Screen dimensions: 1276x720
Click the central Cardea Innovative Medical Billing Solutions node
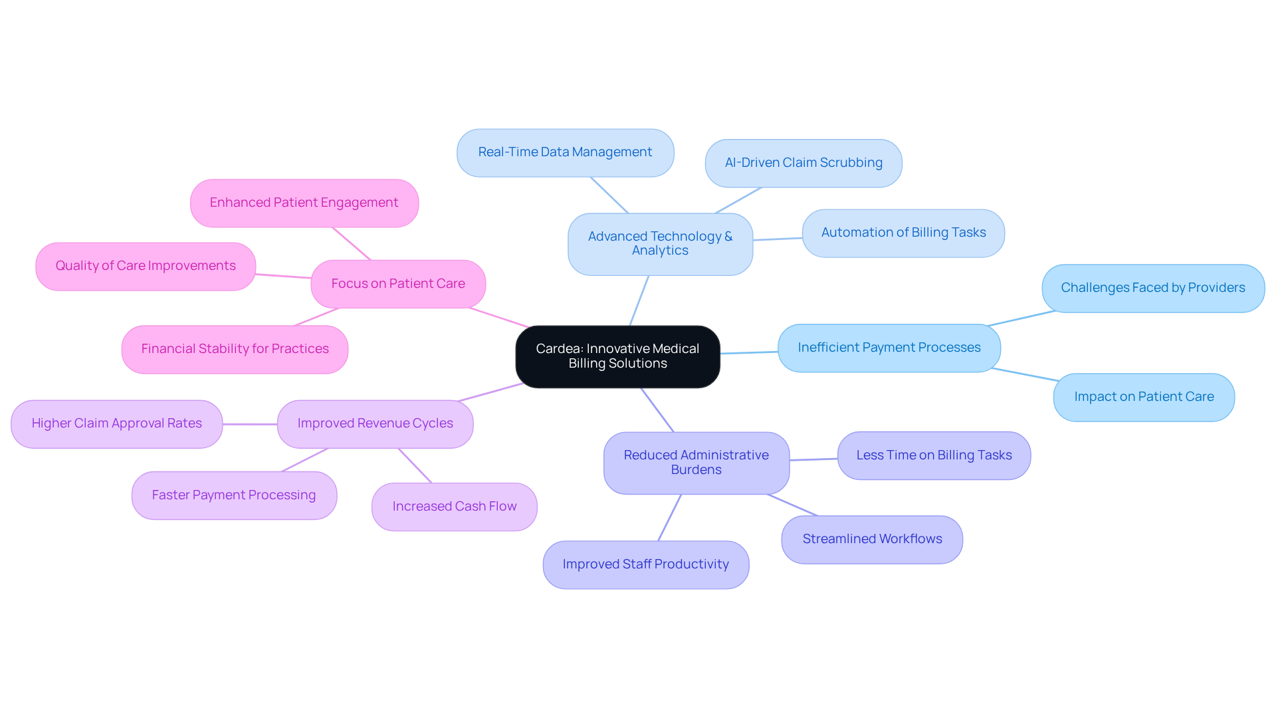[617, 356]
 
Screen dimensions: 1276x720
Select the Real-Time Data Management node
[565, 153]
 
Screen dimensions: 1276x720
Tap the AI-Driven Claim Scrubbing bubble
[803, 163]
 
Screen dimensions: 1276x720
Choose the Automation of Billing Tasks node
[903, 233]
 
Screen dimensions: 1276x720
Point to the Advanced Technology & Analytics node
[660, 244]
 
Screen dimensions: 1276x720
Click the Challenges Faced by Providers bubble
[1153, 289]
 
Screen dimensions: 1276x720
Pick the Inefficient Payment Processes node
[889, 348]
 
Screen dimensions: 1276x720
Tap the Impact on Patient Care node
[1144, 397]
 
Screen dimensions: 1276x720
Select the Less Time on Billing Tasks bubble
[934, 455]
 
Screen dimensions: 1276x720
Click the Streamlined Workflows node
[872, 539]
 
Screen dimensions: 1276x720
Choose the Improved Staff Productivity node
[646, 564]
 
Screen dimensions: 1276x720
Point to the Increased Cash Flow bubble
[455, 507]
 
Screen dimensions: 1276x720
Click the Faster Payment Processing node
[234, 495]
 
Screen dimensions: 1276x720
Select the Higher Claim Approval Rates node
[116, 423]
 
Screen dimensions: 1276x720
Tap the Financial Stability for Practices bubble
[235, 349]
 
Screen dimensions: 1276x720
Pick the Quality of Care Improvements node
[146, 266]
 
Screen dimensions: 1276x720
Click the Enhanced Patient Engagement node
[304, 203]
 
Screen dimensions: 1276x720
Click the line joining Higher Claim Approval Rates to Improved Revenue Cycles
[250, 424]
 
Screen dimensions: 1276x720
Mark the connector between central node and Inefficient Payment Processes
[749, 352]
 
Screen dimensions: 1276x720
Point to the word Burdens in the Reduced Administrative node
[696, 470]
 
